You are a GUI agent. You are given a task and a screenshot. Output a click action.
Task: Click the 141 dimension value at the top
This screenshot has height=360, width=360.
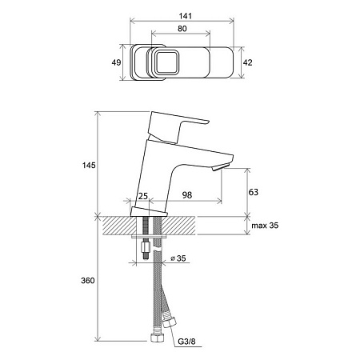pos(186,16)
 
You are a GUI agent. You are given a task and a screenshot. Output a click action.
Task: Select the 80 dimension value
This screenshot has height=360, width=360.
pos(182,29)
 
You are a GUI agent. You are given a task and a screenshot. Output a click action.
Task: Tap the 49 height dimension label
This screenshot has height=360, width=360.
pos(116,62)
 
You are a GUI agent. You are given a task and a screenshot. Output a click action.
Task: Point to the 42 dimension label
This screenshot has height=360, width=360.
pos(247,62)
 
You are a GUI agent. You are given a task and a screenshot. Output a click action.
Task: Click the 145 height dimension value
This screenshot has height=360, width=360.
pos(89,166)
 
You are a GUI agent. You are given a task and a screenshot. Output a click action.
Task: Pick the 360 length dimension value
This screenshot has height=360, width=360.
pos(88,281)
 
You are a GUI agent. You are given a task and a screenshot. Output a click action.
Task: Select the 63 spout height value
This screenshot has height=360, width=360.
pos(253,192)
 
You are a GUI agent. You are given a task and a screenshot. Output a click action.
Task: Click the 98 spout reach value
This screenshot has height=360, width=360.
pos(187,195)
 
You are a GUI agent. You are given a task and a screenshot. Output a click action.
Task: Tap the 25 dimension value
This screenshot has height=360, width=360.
pos(143,196)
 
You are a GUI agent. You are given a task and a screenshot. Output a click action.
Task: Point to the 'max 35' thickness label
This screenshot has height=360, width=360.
pos(265,226)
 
